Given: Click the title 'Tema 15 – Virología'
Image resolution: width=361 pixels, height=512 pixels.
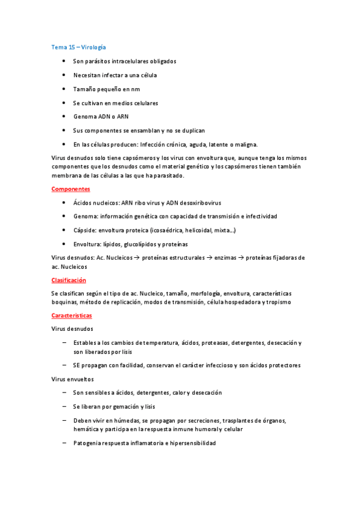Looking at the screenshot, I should tap(79, 46).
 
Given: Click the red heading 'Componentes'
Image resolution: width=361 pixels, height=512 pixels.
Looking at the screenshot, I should tap(71, 189).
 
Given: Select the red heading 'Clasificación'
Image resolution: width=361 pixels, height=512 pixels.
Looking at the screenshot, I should tap(69, 280).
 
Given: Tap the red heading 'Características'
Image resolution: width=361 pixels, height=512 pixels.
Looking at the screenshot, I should tap(72, 316).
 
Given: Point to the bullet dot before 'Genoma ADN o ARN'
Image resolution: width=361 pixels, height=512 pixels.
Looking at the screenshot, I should tap(64, 117).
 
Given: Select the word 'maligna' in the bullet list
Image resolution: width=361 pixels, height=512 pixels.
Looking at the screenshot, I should tap(244, 144).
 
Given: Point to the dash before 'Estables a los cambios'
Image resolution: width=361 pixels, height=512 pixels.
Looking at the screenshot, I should tap(64, 343).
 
